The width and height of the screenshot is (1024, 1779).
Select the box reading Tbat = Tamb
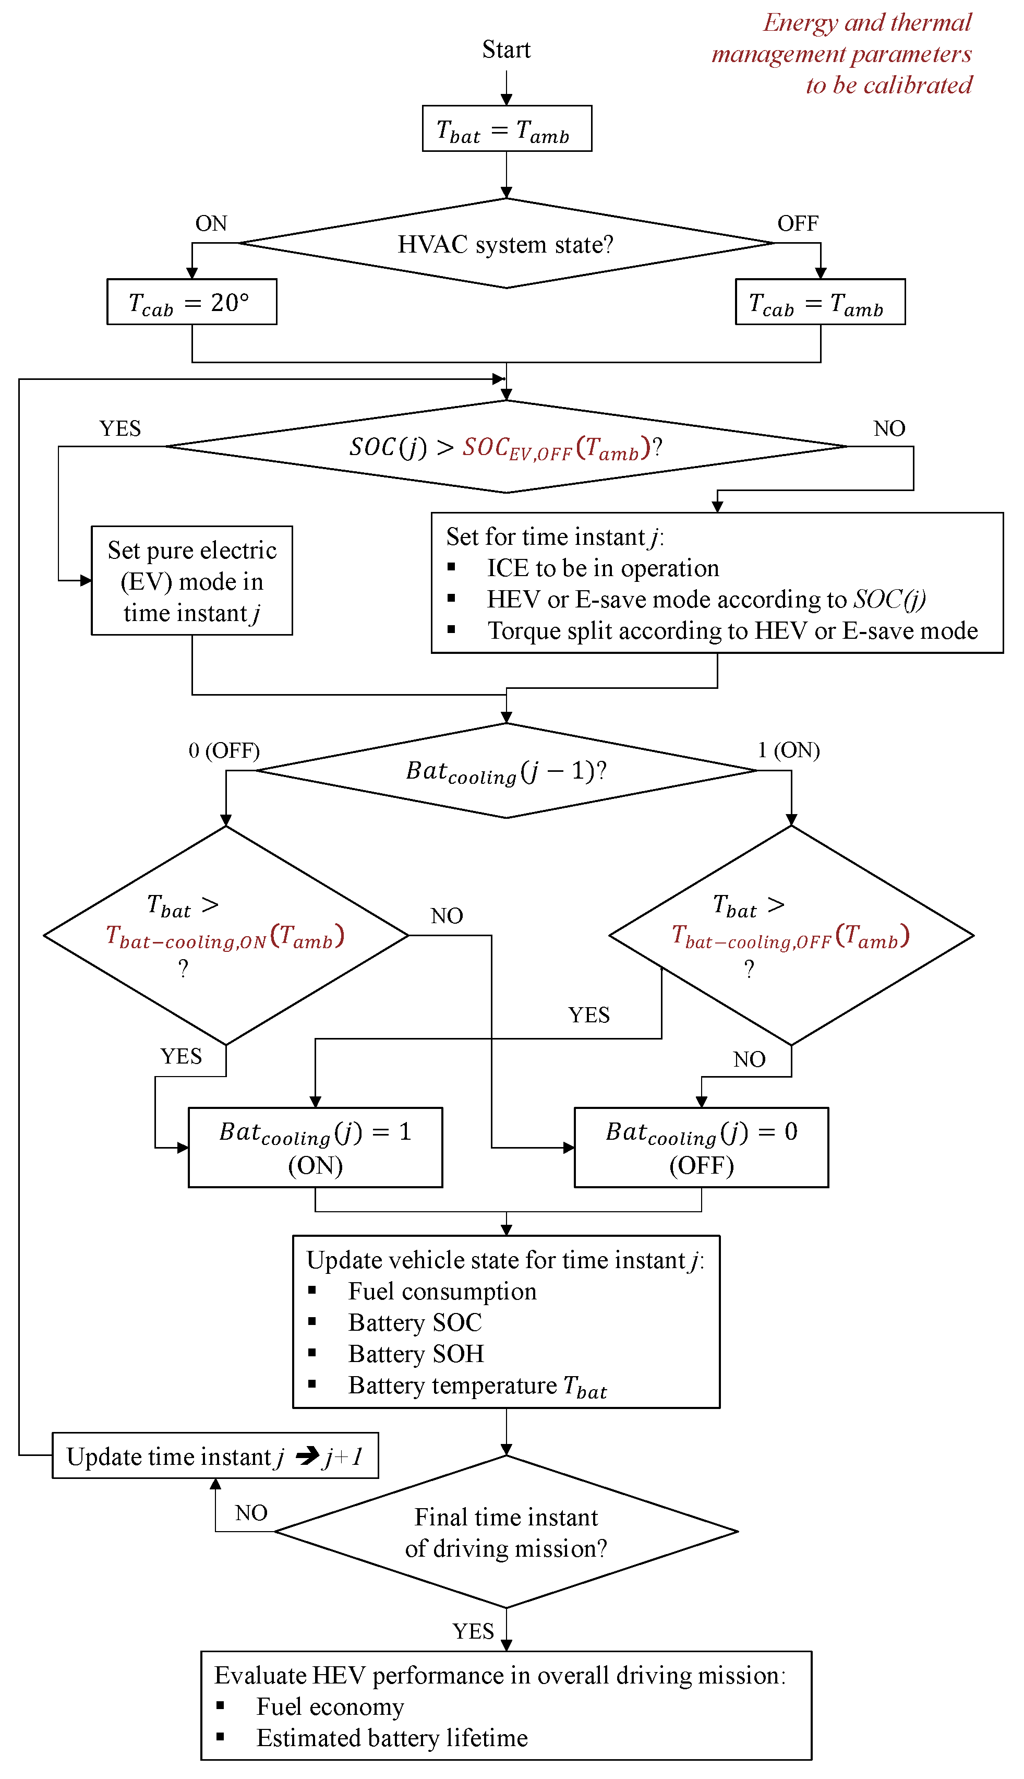tap(507, 129)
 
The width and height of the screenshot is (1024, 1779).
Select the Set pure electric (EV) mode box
tap(191, 580)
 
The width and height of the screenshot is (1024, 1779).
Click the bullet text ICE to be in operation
tap(603, 568)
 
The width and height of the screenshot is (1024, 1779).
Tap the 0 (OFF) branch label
tap(224, 750)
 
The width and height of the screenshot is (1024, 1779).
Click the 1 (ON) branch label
tap(788, 750)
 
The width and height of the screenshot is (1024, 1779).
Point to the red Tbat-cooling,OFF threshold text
tap(790, 936)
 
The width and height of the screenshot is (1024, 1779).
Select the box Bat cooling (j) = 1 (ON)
tap(315, 1148)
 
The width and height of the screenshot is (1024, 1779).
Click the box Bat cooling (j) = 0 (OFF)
tap(701, 1148)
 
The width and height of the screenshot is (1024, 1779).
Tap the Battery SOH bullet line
tap(416, 1353)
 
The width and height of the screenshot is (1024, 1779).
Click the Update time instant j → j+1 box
tap(215, 1455)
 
